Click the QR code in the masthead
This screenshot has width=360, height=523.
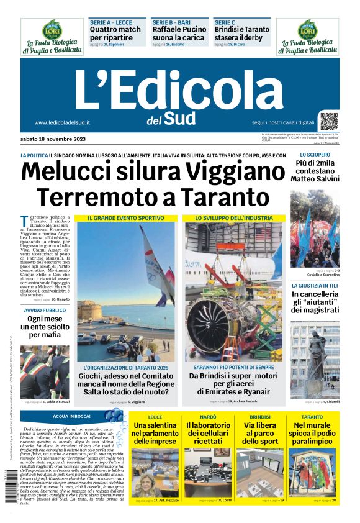pyautogui.click(x=329, y=121)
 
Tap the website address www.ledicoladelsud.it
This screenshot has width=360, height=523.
pyautogui.click(x=63, y=122)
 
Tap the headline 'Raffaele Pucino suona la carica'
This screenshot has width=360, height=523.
pyautogui.click(x=179, y=34)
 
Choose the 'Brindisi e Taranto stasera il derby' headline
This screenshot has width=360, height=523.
pyautogui.click(x=242, y=34)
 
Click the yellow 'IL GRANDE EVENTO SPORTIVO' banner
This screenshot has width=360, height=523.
pyautogui.click(x=126, y=218)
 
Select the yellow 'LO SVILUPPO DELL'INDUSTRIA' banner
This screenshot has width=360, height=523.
pyautogui.click(x=234, y=218)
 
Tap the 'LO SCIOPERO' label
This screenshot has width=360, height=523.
pyautogui.click(x=315, y=155)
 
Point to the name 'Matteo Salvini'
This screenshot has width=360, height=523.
pyautogui.click(x=315, y=179)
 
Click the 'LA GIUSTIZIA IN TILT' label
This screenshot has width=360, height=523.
pyautogui.click(x=315, y=286)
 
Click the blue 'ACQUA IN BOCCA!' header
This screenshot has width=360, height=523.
pyautogui.click(x=72, y=416)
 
